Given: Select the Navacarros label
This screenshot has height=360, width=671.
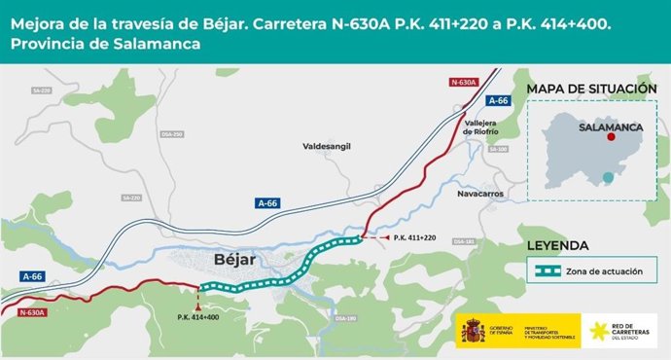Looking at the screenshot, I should [477, 194].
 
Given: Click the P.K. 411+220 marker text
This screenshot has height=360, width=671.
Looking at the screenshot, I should [415, 237].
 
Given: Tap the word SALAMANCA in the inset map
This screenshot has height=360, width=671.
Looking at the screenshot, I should [611, 126].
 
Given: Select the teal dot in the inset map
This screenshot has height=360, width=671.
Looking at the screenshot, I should [608, 177].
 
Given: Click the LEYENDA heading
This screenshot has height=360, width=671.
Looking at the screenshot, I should [558, 245].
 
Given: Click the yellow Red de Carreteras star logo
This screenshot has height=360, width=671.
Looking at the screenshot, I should [600, 332].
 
